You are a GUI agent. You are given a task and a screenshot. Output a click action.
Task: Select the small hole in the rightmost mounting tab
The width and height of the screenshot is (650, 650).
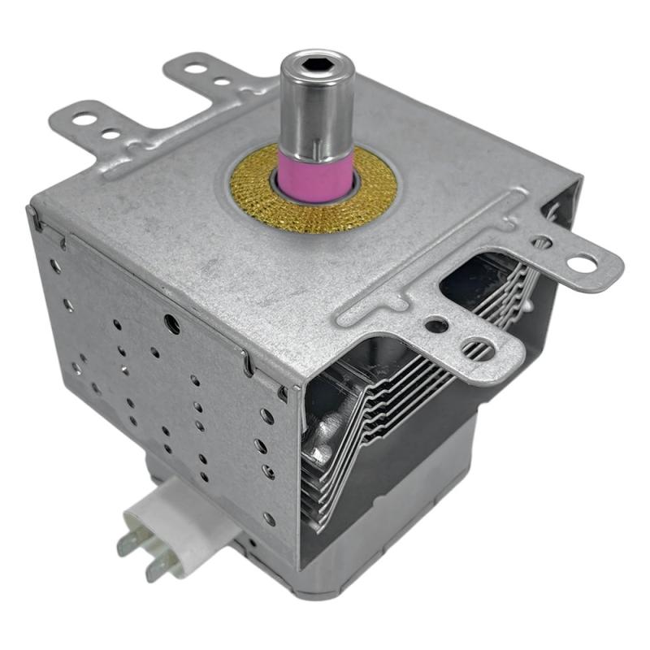tap(543, 241)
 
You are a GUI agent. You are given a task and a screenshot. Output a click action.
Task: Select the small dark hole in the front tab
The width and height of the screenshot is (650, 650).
tap(437, 325)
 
